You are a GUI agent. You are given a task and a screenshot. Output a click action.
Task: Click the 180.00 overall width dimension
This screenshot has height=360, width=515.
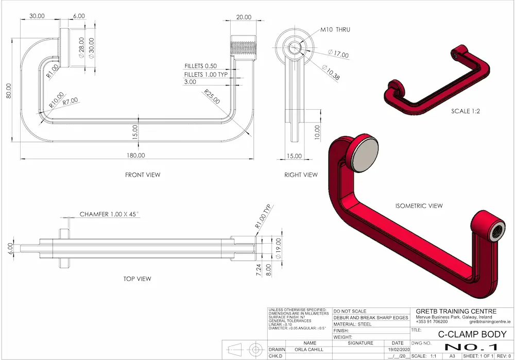pyautogui.click(x=136, y=155)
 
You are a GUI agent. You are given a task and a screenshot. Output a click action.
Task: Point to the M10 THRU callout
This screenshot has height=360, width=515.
pyautogui.click(x=335, y=30)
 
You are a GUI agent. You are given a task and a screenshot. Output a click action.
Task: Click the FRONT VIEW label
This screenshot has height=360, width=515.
pyautogui.click(x=143, y=175)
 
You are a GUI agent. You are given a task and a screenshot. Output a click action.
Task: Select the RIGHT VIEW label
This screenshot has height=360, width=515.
pyautogui.click(x=301, y=175)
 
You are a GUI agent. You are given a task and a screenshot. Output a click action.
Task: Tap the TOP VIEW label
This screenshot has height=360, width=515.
pyautogui.click(x=138, y=279)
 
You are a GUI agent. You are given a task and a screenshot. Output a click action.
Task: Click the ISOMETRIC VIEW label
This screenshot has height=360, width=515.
pyautogui.click(x=419, y=206)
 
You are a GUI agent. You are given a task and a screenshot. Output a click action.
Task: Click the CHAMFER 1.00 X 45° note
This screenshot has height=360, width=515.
pyautogui.click(x=111, y=214)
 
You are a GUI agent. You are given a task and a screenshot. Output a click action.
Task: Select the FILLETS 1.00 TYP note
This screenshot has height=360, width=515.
pyautogui.click(x=206, y=75)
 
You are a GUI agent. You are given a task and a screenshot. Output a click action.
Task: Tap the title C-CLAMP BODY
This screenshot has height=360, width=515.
pyautogui.click(x=468, y=334)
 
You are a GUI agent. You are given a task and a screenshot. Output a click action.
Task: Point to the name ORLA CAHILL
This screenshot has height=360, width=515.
pyautogui.click(x=310, y=349)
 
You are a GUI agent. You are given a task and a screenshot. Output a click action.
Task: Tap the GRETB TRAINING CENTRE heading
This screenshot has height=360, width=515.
pyautogui.click(x=456, y=311)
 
